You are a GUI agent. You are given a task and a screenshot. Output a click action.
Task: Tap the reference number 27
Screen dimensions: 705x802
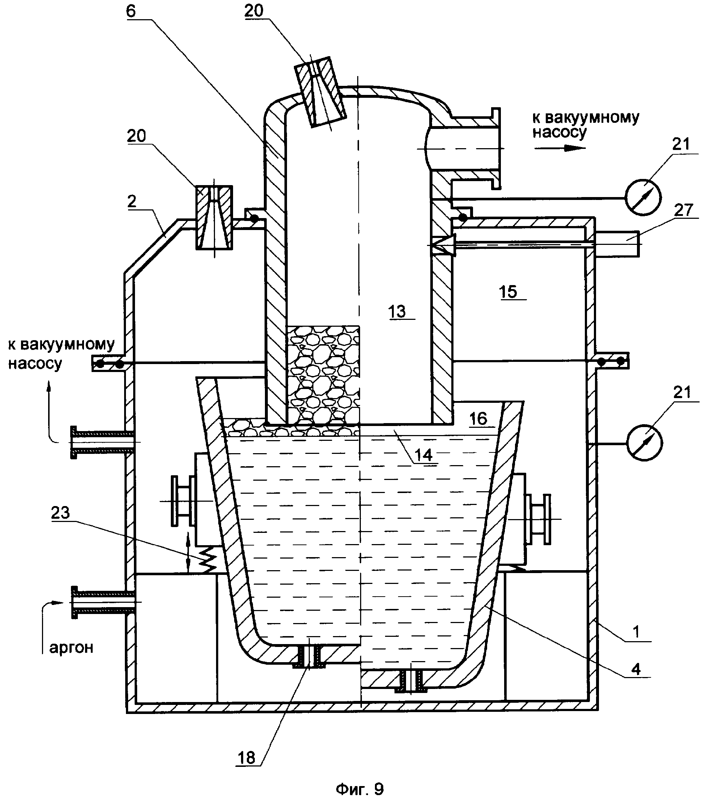pyautogui.click(x=683, y=210)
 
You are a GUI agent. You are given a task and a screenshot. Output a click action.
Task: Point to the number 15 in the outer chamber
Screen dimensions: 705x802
pyautogui.click(x=508, y=292)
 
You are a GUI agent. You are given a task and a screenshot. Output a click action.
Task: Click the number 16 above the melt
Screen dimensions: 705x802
pyautogui.click(x=478, y=419)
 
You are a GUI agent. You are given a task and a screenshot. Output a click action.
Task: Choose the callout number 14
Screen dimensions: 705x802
pyautogui.click(x=423, y=455)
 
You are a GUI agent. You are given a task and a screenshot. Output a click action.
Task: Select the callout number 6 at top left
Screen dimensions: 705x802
pyautogui.click(x=131, y=11)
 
